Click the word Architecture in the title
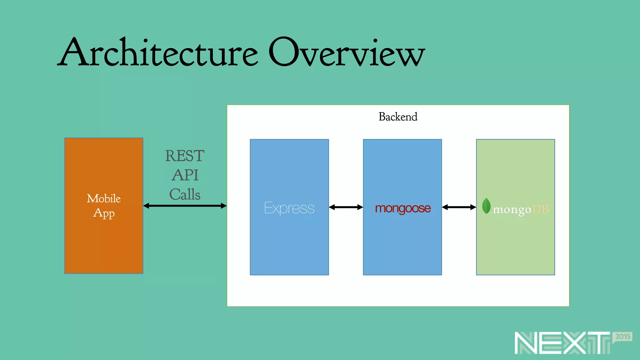coord(158,52)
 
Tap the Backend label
coord(398,117)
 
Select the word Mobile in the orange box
coord(104,199)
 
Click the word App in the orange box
coord(104,213)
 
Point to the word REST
coord(185,156)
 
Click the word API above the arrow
coord(185,175)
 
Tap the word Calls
coord(185,194)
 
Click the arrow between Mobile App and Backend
coord(185,206)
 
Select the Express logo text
coord(289,208)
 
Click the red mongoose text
coord(402,208)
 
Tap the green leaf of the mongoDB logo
coord(486,206)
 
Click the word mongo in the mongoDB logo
coord(512,209)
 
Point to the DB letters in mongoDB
coord(540,209)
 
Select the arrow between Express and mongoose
coord(346,207)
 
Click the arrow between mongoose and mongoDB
coord(459,207)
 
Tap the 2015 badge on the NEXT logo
coord(622,337)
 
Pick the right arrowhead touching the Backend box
coord(224,206)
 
